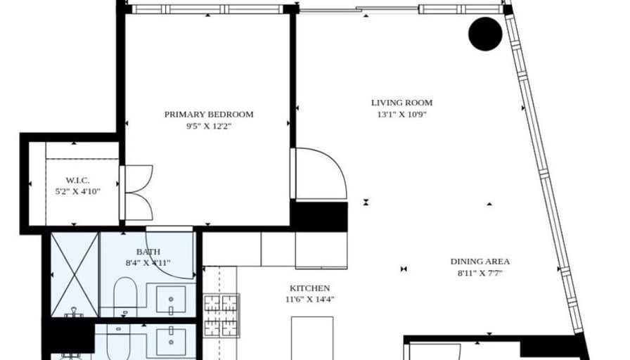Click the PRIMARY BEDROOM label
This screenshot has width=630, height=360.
pyautogui.click(x=209, y=115)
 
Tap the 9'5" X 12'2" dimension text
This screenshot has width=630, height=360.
pyautogui.click(x=209, y=126)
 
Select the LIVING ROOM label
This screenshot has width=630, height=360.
pyautogui.click(x=401, y=103)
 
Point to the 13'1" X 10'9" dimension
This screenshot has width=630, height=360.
pyautogui.click(x=401, y=115)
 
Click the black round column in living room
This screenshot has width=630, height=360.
pyautogui.click(x=485, y=34)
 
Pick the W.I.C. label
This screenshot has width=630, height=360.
pyautogui.click(x=77, y=181)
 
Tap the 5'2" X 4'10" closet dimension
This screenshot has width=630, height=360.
pyautogui.click(x=77, y=192)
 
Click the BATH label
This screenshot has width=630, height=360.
pyautogui.click(x=148, y=252)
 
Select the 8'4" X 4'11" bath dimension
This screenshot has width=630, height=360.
pyautogui.click(x=148, y=263)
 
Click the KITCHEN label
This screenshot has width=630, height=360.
pyautogui.click(x=310, y=288)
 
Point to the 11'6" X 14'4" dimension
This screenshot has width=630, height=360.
pyautogui.click(x=310, y=300)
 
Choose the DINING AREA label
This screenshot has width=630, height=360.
pyautogui.click(x=480, y=262)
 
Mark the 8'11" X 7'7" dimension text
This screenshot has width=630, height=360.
pyautogui.click(x=480, y=274)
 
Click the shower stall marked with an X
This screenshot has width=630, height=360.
pyautogui.click(x=75, y=275)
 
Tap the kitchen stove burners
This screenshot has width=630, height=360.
pyautogui.click(x=221, y=316)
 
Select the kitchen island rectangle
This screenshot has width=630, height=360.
pyautogui.click(x=312, y=338)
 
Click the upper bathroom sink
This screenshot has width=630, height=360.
pyautogui.click(x=171, y=300)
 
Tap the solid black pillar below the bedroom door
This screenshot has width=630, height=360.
pyautogui.click(x=319, y=217)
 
